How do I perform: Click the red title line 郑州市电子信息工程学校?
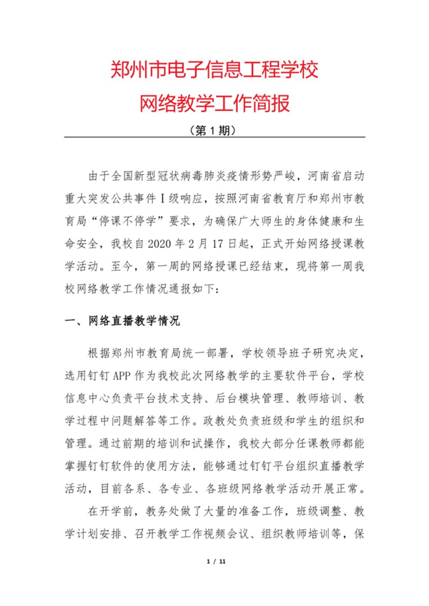click(x=214, y=70)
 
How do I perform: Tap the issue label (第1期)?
click(x=214, y=131)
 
